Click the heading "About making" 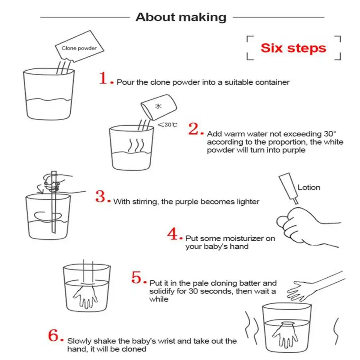point(181,17)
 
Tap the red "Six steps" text point(293,48)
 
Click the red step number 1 point(103,78)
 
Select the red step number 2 point(193,129)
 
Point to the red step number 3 point(100,197)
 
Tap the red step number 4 point(173,234)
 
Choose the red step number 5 point(136,277)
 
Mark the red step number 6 point(53,335)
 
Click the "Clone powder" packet point(80,46)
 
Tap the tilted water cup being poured point(159,107)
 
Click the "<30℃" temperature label point(167,125)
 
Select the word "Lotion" point(309,188)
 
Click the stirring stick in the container point(54,202)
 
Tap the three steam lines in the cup point(136,145)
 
